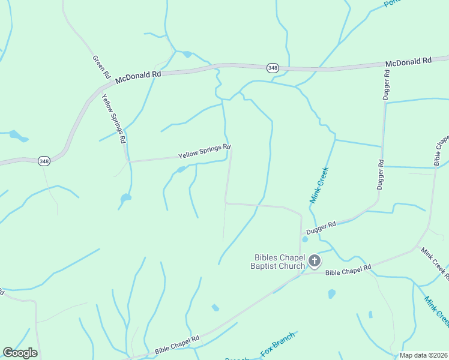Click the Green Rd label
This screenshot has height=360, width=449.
click(x=101, y=67)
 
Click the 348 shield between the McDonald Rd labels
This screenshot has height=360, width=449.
click(x=273, y=68)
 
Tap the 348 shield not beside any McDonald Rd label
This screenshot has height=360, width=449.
click(x=44, y=161)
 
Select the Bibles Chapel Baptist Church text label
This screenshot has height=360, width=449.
click(x=280, y=262)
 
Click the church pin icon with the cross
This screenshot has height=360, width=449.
click(x=315, y=261)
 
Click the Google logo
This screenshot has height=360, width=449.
click(x=20, y=353)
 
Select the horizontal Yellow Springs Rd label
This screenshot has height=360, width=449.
click(x=204, y=151)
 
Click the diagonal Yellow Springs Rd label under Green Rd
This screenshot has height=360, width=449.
click(x=113, y=118)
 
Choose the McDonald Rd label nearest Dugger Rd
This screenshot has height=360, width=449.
click(x=408, y=62)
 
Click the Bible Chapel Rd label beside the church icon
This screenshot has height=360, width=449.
click(x=348, y=270)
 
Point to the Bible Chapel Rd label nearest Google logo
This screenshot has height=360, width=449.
click(x=176, y=344)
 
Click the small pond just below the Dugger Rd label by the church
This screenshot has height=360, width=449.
click(x=305, y=239)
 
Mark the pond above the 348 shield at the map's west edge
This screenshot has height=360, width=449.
click(x=17, y=136)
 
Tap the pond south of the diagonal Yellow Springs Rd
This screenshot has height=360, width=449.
click(x=125, y=197)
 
